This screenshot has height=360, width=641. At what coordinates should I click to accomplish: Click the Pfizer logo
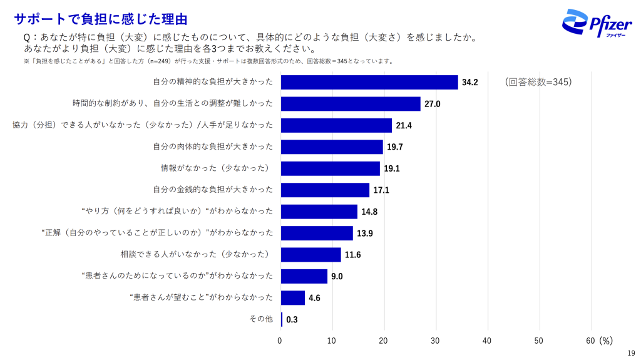pos(595,23)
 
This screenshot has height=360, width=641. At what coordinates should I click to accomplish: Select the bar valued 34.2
pos(369,82)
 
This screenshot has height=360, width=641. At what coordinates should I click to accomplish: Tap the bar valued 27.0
pos(351,104)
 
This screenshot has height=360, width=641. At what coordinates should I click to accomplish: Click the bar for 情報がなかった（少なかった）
pos(331,168)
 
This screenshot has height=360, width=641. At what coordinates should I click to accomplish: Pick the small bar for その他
pos(282,319)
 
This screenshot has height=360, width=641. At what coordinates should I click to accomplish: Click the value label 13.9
pos(366,234)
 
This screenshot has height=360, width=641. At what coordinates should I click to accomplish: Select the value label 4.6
pos(314,298)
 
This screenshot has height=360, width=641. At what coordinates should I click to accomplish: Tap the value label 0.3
pos(292,319)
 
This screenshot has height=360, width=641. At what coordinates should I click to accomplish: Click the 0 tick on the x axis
pos(280,341)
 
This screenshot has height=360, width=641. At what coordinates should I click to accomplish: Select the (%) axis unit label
pos(605,341)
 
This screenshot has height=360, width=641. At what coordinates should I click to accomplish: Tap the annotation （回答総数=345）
pos(538,81)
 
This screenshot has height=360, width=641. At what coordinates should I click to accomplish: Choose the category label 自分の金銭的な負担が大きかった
pos(213,190)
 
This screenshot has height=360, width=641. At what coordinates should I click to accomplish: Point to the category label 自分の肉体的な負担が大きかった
pos(213,147)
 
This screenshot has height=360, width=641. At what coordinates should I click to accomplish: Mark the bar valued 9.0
pos(304,276)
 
